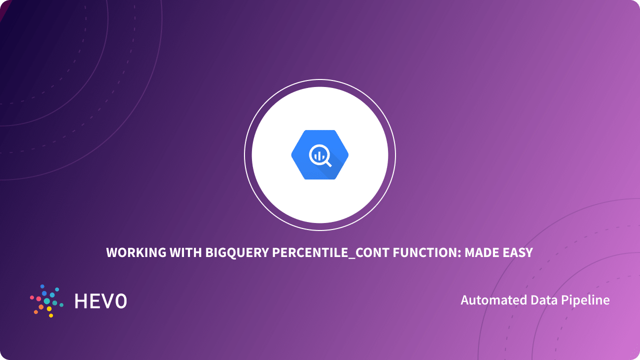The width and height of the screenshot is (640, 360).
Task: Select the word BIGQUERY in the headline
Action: [237, 253]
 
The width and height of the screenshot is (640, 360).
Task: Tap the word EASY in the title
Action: [517, 253]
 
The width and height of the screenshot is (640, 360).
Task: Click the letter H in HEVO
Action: [80, 301]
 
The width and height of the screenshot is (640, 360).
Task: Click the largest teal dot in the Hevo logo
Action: [47, 301]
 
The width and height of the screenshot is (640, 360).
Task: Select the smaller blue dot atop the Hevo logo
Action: [42, 286]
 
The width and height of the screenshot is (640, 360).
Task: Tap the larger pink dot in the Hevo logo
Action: [38, 298]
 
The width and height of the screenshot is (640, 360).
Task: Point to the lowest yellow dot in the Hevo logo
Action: [51, 315]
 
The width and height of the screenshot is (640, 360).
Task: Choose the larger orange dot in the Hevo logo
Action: [41, 307]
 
